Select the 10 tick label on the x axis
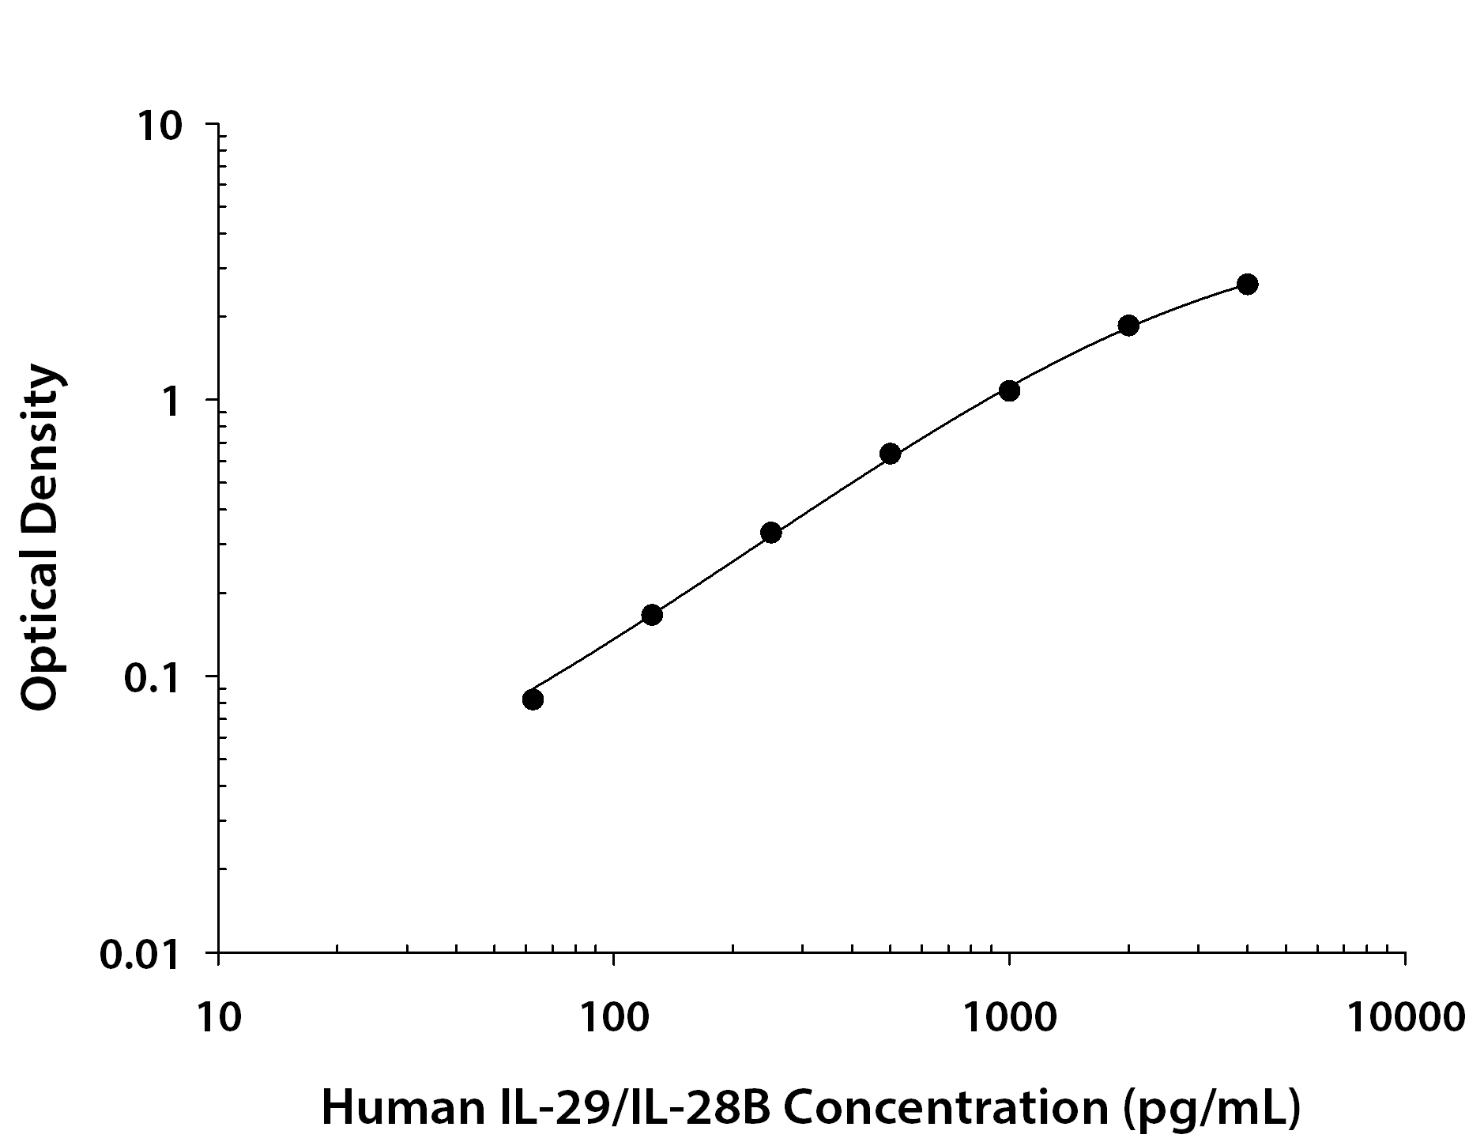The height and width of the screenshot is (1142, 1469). [218, 1017]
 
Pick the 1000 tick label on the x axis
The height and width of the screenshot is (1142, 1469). [1009, 1017]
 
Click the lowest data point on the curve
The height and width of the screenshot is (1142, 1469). [533, 699]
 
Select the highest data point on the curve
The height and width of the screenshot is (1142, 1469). [1247, 285]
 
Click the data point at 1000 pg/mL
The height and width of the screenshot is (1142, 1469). [1009, 390]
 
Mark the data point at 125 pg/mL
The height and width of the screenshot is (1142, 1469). [652, 615]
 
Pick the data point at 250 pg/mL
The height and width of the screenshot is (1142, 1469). [771, 533]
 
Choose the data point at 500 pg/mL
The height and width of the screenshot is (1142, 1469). [890, 454]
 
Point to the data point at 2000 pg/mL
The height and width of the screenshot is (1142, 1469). [1128, 326]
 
